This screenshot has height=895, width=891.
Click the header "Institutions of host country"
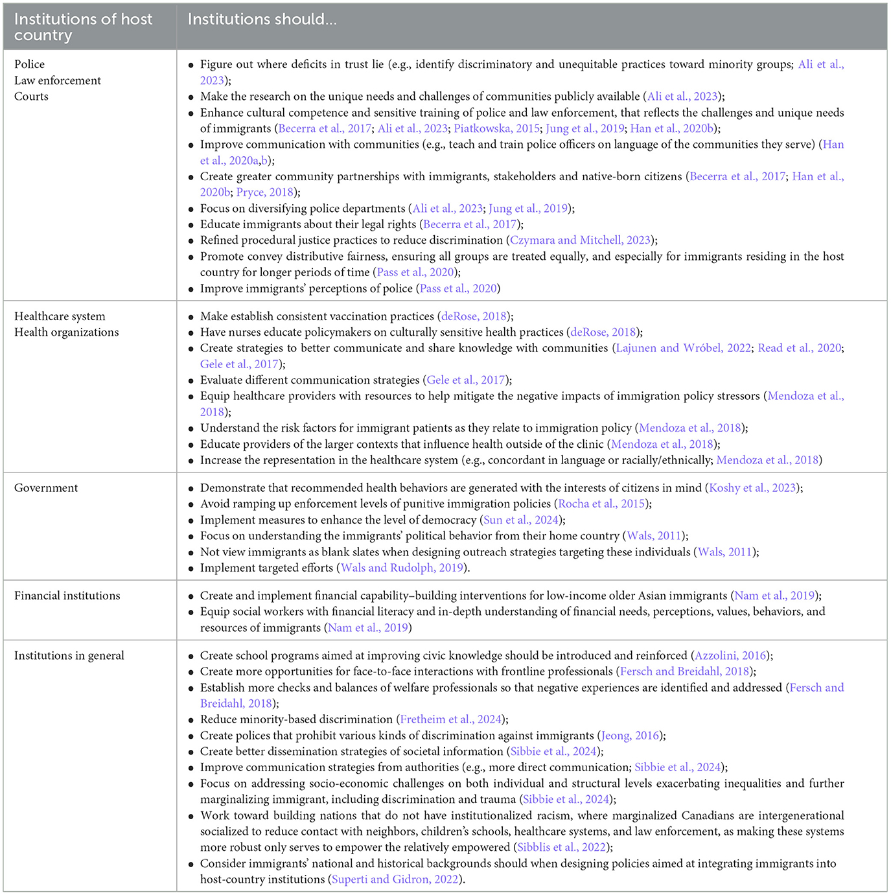point(83,27)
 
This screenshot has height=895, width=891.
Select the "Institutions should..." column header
point(262,19)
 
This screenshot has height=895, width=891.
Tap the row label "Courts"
point(31,97)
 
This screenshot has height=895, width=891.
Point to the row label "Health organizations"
point(67,332)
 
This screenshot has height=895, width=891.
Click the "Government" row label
point(46,488)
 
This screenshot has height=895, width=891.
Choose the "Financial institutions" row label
point(67,596)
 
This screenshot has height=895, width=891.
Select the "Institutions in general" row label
point(69,656)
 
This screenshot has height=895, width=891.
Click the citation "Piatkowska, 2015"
point(496,128)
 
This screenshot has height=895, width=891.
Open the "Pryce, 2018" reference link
point(264,192)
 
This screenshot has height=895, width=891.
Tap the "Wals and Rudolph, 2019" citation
point(402,568)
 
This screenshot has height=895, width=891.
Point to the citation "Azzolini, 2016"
point(730,656)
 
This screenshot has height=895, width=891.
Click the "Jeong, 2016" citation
point(630,736)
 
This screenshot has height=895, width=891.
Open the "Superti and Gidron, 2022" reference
point(395,879)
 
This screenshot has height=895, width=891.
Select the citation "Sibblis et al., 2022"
point(561,848)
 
